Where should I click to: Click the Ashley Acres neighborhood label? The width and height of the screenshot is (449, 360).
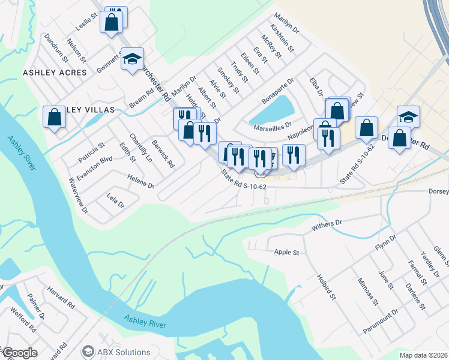pos(55,72)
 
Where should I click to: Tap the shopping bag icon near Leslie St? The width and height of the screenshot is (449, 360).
pos(112,23)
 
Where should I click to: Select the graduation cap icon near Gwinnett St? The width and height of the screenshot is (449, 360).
pos(132,59)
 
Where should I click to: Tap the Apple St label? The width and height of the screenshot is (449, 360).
pos(286,253)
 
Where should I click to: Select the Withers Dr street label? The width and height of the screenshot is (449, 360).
pos(327,226)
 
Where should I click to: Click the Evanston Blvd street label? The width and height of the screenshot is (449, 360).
pos(95,160)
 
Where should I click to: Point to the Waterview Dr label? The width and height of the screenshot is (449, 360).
pos(78,196)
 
